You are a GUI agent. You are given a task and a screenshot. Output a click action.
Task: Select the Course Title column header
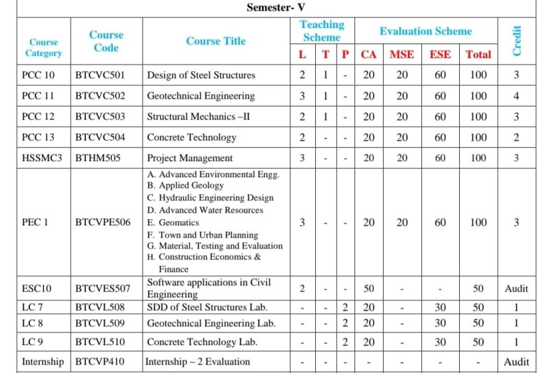[x=216, y=41]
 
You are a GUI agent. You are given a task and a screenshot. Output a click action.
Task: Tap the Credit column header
[x=517, y=41]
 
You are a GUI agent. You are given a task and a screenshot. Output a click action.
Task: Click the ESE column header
[x=440, y=55]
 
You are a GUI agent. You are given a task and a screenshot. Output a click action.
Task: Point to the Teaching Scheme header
[x=322, y=31]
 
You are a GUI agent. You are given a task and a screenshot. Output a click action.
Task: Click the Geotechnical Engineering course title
[x=201, y=96]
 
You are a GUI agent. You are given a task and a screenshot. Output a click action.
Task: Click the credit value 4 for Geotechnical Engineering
[x=516, y=96]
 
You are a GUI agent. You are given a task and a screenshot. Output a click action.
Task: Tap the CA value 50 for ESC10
[x=369, y=288]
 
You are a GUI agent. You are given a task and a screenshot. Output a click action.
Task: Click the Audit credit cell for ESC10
[x=516, y=288]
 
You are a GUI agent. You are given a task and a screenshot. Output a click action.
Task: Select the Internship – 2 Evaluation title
[x=198, y=362]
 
